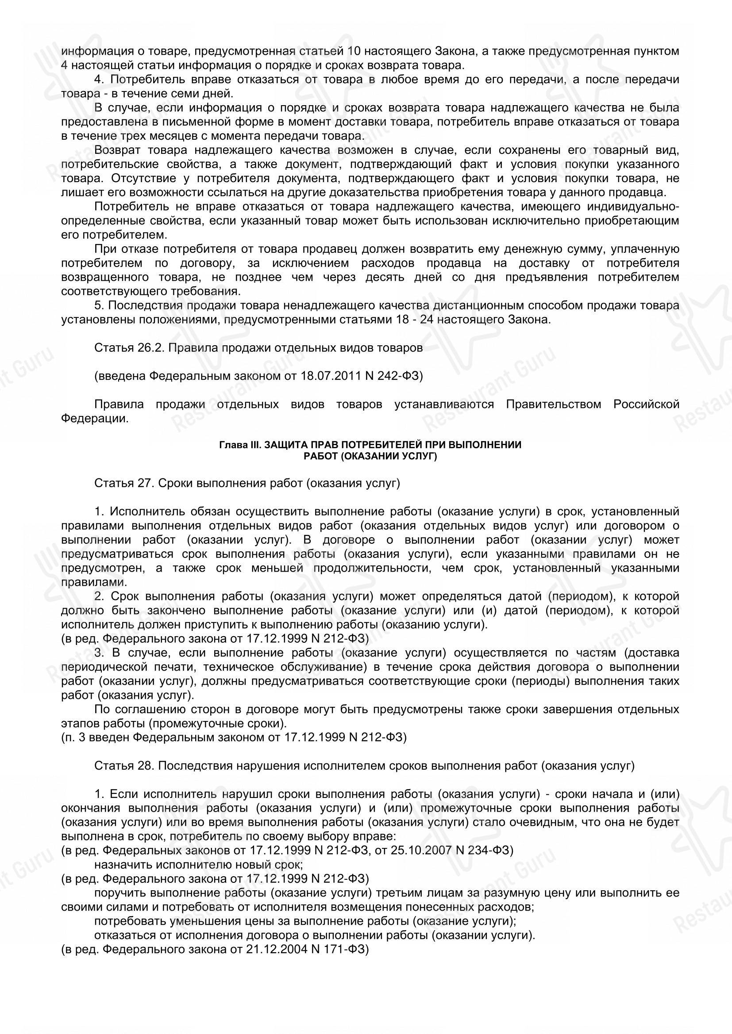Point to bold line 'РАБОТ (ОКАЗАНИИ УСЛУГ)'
point(370,456)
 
